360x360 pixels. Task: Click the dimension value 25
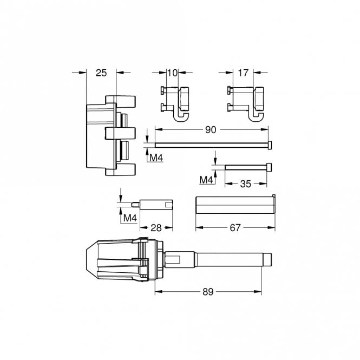[101, 73]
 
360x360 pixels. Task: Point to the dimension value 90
[211, 130]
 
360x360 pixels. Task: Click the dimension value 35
[246, 184]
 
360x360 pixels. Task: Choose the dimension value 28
[156, 228]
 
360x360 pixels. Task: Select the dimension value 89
[208, 292]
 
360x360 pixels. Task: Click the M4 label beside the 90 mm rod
[156, 158]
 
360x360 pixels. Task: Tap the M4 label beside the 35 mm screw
[206, 179]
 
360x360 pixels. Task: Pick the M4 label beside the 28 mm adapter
[129, 218]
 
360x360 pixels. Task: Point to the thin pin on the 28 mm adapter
[135, 204]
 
